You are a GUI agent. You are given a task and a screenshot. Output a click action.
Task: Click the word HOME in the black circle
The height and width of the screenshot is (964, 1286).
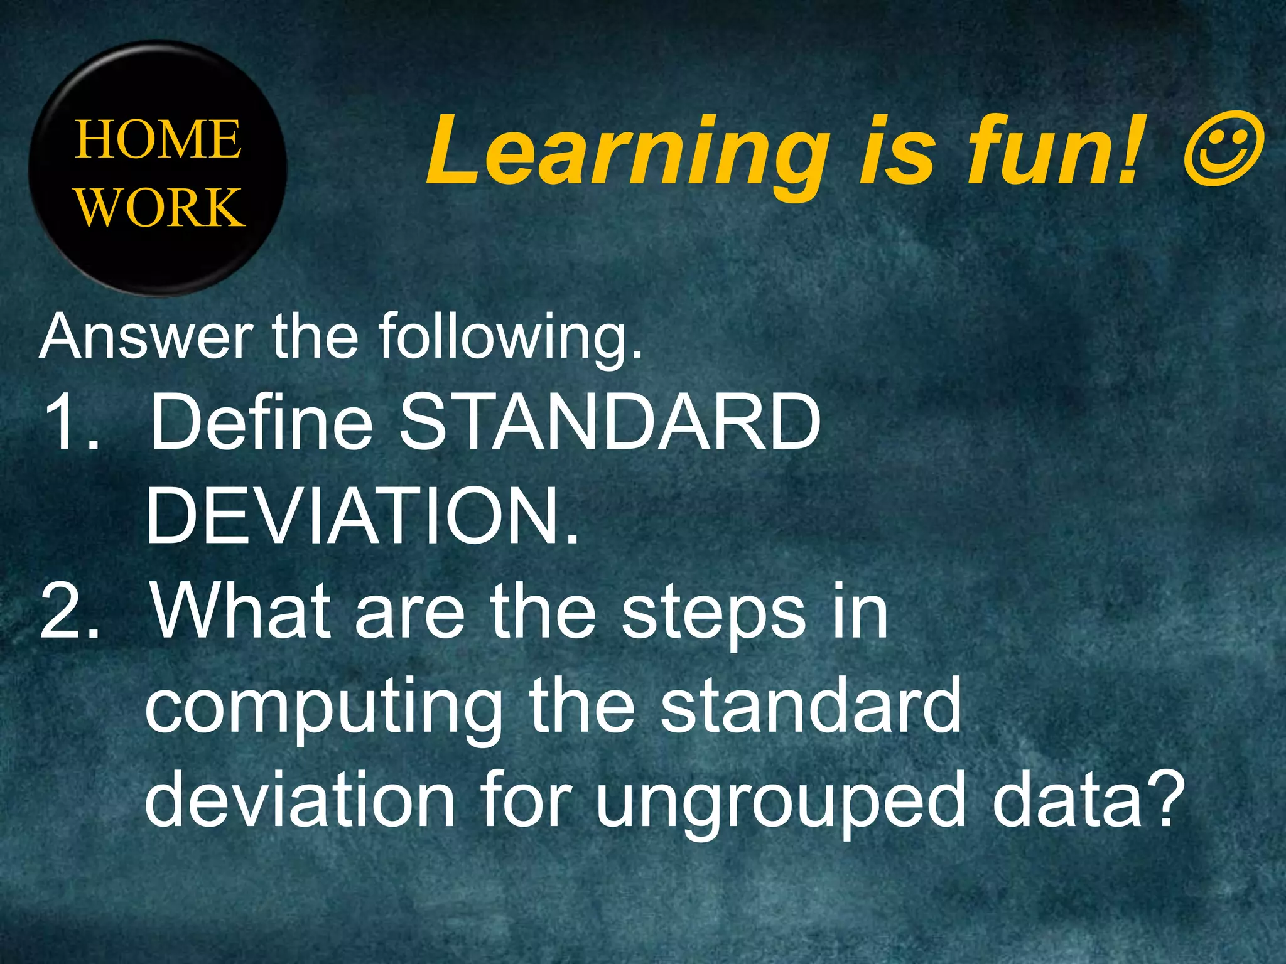click(x=158, y=139)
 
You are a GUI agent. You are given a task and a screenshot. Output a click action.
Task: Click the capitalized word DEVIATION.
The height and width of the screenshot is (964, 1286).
click(x=361, y=516)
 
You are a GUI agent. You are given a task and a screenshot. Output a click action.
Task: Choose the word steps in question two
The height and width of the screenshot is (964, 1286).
click(x=713, y=615)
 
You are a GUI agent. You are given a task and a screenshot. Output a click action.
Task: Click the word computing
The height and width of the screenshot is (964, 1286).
click(x=323, y=709)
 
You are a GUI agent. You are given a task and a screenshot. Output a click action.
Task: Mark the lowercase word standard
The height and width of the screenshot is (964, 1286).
click(x=810, y=705)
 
